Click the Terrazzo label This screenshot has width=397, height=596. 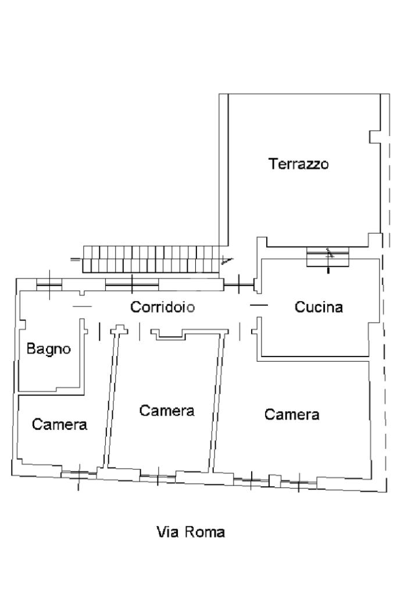click(298, 164)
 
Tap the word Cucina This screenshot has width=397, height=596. click(319, 307)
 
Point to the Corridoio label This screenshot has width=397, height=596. click(163, 307)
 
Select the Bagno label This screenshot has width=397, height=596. click(49, 348)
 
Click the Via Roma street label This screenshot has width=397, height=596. click(191, 532)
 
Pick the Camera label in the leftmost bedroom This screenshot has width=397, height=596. click(60, 424)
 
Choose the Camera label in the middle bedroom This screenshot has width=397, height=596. click(167, 411)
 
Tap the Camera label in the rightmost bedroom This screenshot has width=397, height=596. click(292, 415)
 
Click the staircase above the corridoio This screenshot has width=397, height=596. click(151, 259)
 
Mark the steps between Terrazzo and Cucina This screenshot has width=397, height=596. click(327, 257)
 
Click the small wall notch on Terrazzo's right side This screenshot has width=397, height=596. click(375, 137)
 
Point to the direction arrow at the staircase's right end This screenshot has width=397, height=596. click(227, 260)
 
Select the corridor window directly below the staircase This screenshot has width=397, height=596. click(132, 284)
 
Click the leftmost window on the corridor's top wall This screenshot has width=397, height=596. click(49, 284)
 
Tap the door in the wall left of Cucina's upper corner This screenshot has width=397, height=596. click(238, 285)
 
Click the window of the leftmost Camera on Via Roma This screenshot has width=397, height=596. click(78, 474)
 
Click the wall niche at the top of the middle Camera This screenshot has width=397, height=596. click(169, 334)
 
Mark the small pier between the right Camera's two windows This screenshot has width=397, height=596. click(275, 481)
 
